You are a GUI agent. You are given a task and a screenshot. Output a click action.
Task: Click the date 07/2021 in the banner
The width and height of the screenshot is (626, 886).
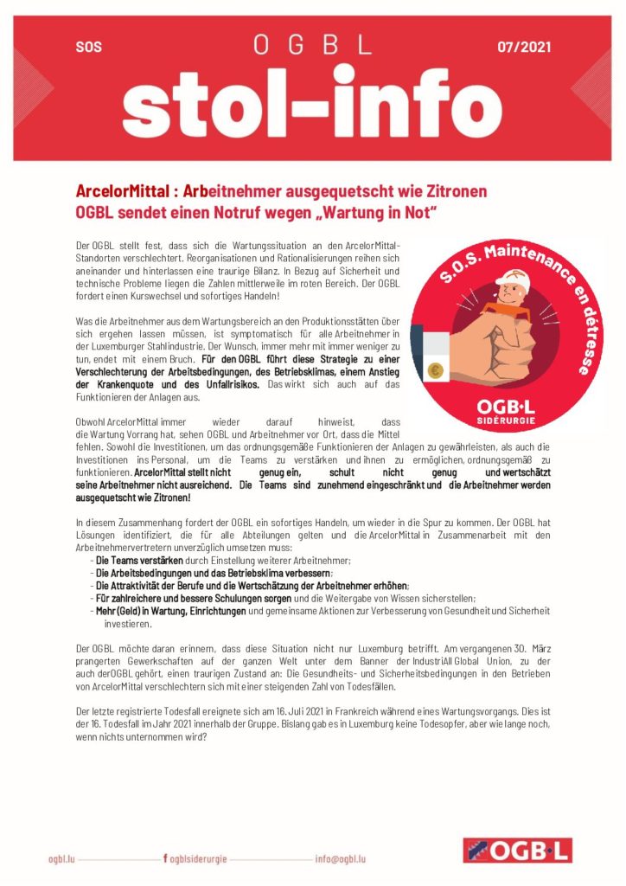[x=524, y=46]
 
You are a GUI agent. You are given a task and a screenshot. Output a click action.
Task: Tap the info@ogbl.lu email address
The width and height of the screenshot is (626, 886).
[x=340, y=858]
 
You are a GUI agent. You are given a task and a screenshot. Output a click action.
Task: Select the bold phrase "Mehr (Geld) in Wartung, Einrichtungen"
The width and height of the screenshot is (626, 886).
[x=171, y=610]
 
